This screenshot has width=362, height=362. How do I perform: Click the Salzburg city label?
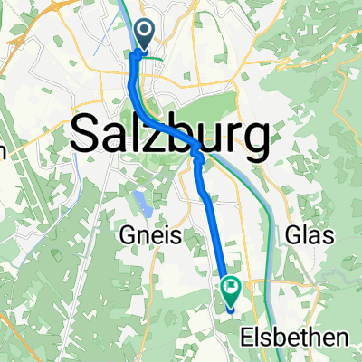(x=168, y=135)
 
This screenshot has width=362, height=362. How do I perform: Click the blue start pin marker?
(x=145, y=35)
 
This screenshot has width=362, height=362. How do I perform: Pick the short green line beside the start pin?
(x=156, y=57)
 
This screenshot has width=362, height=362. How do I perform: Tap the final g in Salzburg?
(x=253, y=141)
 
